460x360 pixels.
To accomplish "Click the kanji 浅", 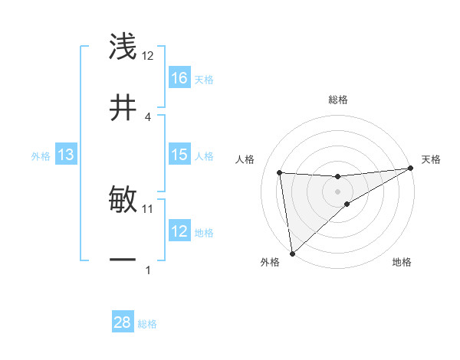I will [x=123, y=47].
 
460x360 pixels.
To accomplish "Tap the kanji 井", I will [x=123, y=107].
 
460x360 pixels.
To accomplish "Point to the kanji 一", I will [x=123, y=260].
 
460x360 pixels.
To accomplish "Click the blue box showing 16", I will [x=179, y=77].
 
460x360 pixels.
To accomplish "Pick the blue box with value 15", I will [x=179, y=155].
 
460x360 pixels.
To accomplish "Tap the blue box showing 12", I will [x=179, y=231].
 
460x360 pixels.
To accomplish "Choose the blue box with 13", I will [x=66, y=155].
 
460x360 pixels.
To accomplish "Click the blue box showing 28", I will [x=123, y=322].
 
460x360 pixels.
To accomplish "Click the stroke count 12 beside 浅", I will [x=148, y=56].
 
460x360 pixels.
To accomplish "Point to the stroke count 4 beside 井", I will [x=148, y=116].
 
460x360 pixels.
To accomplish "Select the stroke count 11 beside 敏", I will [x=148, y=208].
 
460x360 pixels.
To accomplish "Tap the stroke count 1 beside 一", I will [x=148, y=270].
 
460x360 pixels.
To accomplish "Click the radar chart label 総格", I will [x=338, y=100].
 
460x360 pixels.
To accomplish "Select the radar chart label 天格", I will [x=431, y=159].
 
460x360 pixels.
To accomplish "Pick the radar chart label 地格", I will [x=402, y=263].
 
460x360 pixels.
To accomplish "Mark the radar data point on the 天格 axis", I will [x=410, y=169].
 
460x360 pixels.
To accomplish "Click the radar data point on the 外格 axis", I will [x=292, y=253].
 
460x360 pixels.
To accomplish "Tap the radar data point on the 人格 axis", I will [x=280, y=172].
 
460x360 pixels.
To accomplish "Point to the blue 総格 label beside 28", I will [x=147, y=324].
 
